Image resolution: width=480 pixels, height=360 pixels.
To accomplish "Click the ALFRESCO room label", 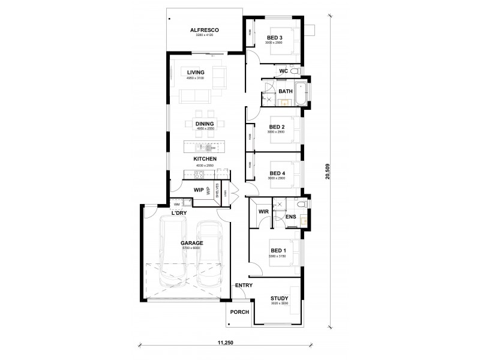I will coord(203,30).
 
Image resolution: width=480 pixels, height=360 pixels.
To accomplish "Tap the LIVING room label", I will coord(196,72).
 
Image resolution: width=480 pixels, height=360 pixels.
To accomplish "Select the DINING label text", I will coord(205,124).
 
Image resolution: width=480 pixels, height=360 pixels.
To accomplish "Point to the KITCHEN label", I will coord(204,159).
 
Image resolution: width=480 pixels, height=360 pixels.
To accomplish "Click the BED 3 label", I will coord(274,37).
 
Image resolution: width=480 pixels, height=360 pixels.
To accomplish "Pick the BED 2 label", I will coord(277,127).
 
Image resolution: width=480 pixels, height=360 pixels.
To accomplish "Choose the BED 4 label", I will coord(277,173).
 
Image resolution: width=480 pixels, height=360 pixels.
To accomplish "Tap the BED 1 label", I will coord(278,250).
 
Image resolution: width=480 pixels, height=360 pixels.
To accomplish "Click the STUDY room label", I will coord(279,298).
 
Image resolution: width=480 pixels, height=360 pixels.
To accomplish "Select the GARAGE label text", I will coord(193,244).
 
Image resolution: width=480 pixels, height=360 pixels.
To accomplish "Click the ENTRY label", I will coord(244,285).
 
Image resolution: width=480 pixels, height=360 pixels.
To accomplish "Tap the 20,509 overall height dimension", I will coord(327,170).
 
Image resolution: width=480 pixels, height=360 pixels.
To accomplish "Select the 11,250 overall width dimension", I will coord(226,342).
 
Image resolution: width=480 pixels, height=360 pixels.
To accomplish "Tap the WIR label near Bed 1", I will coord(262,212).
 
